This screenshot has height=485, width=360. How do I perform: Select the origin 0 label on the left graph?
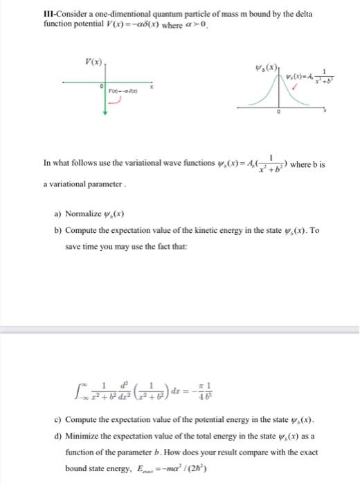pyautogui.click(x=101, y=87)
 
